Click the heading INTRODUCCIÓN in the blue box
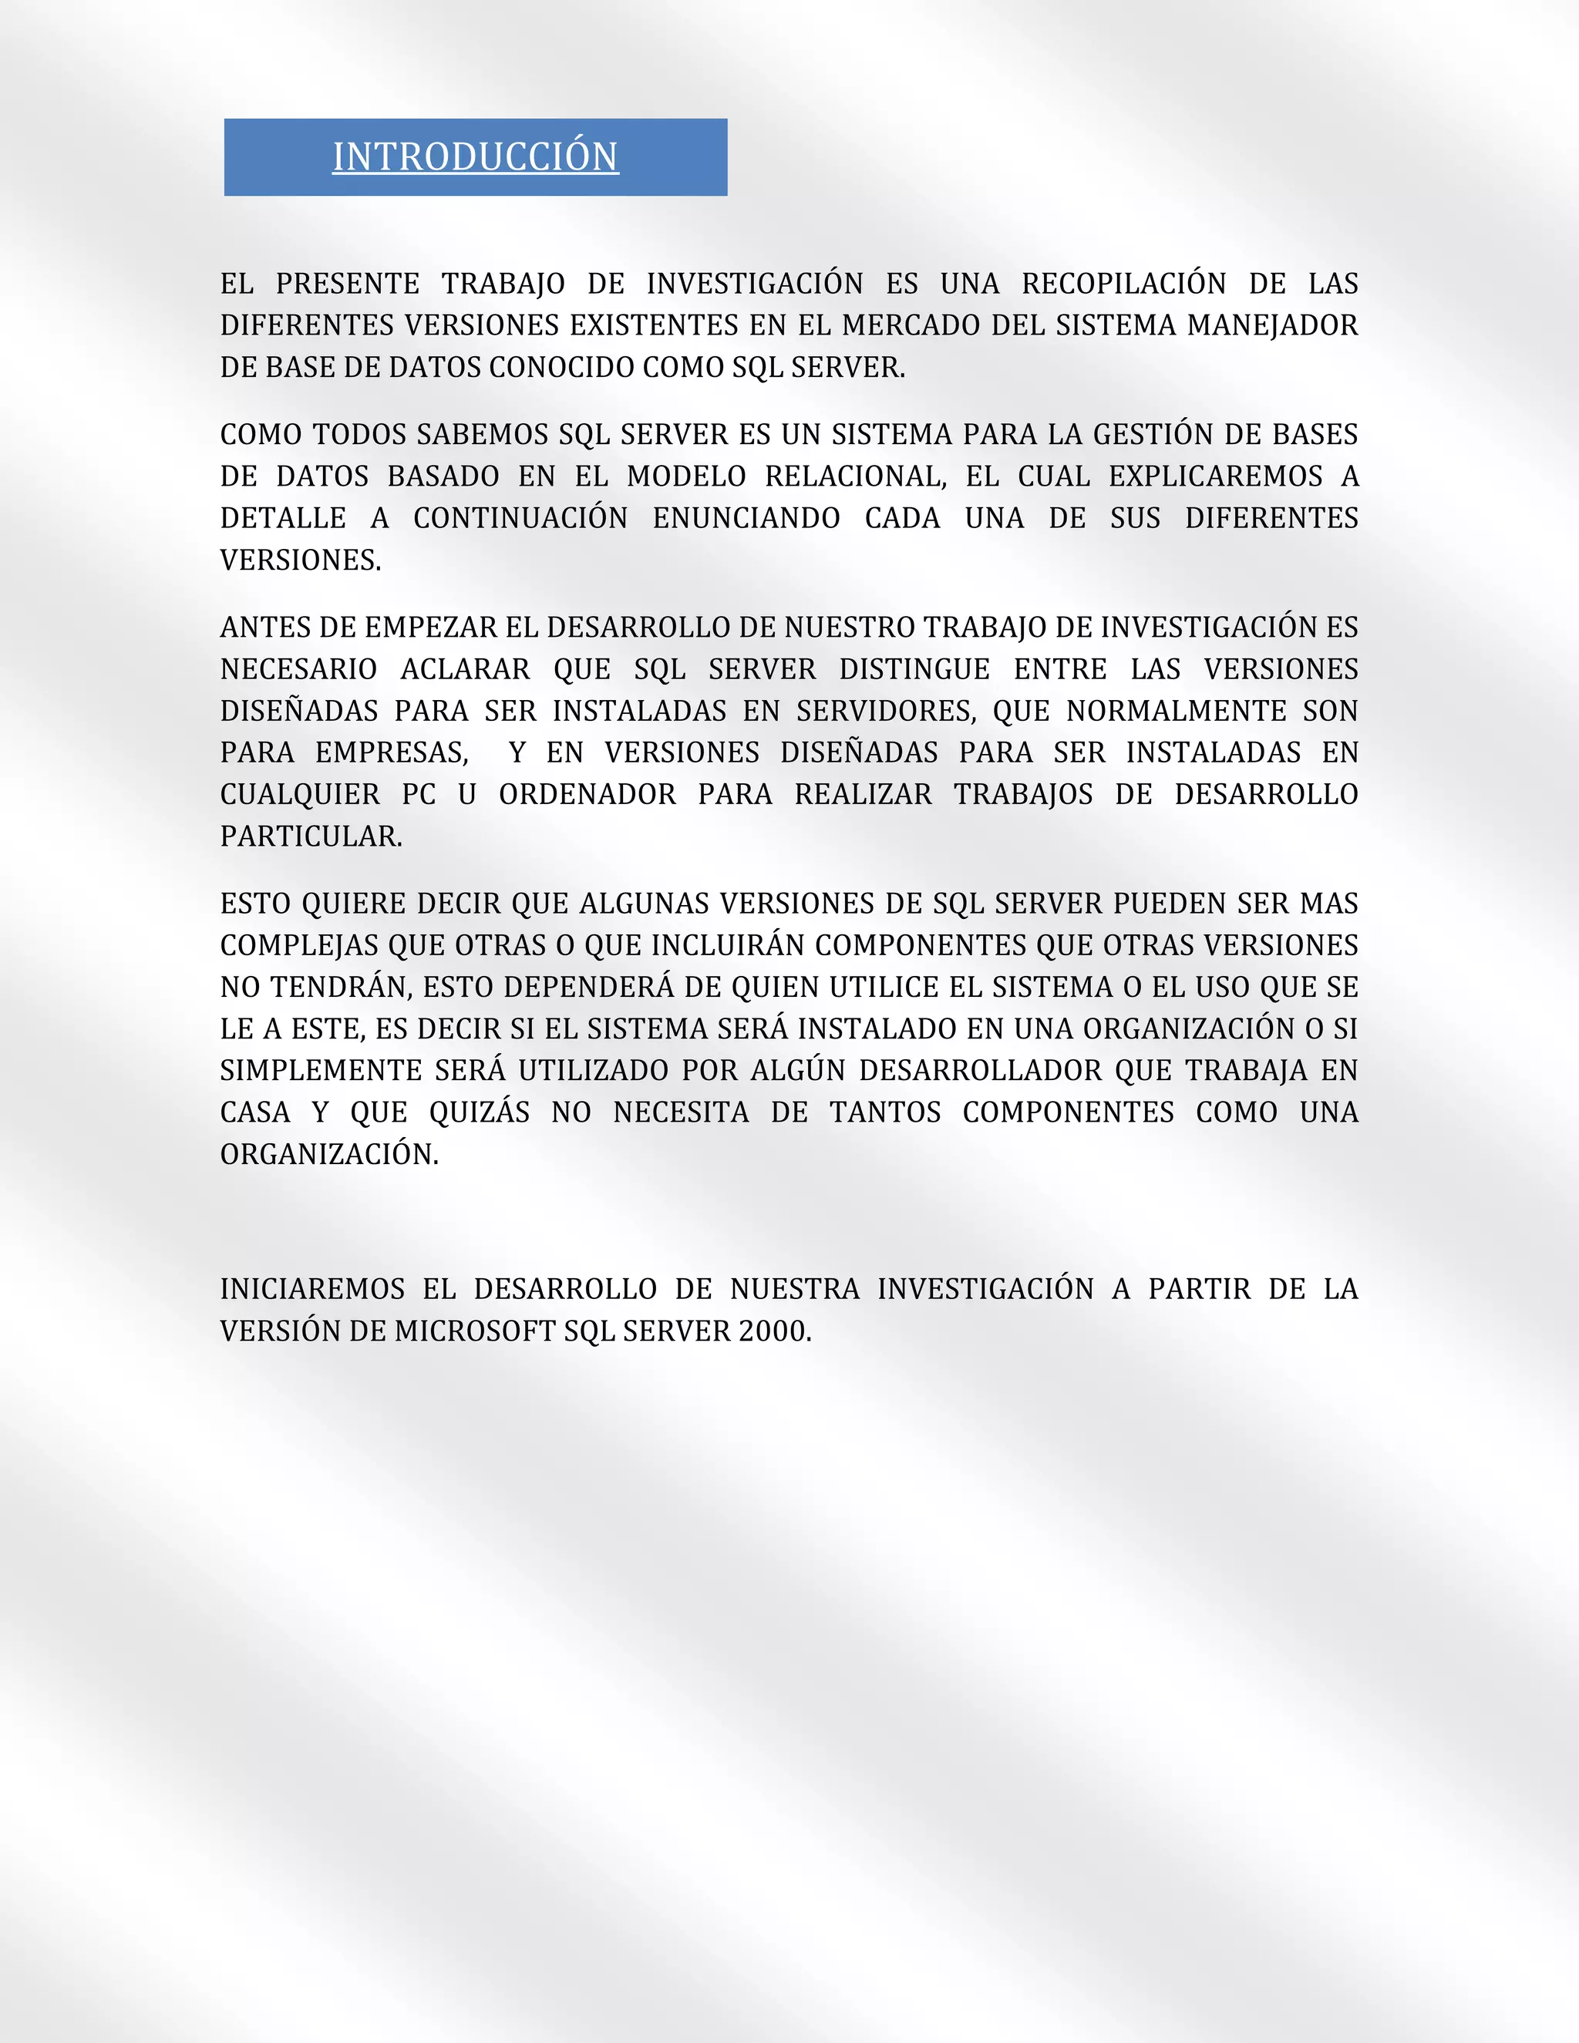click(x=475, y=157)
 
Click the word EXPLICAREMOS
click(x=1215, y=477)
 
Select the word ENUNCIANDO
click(x=746, y=519)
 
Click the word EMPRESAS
click(x=391, y=753)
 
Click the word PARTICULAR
click(x=311, y=837)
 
